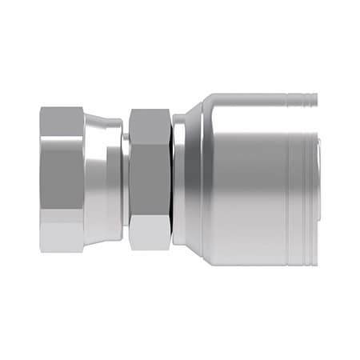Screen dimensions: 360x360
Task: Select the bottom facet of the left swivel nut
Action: [62, 237]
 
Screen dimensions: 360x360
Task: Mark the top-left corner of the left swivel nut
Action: [42, 110]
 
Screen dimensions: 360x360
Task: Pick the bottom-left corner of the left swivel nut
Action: [42, 250]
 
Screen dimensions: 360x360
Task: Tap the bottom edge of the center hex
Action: [149, 249]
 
